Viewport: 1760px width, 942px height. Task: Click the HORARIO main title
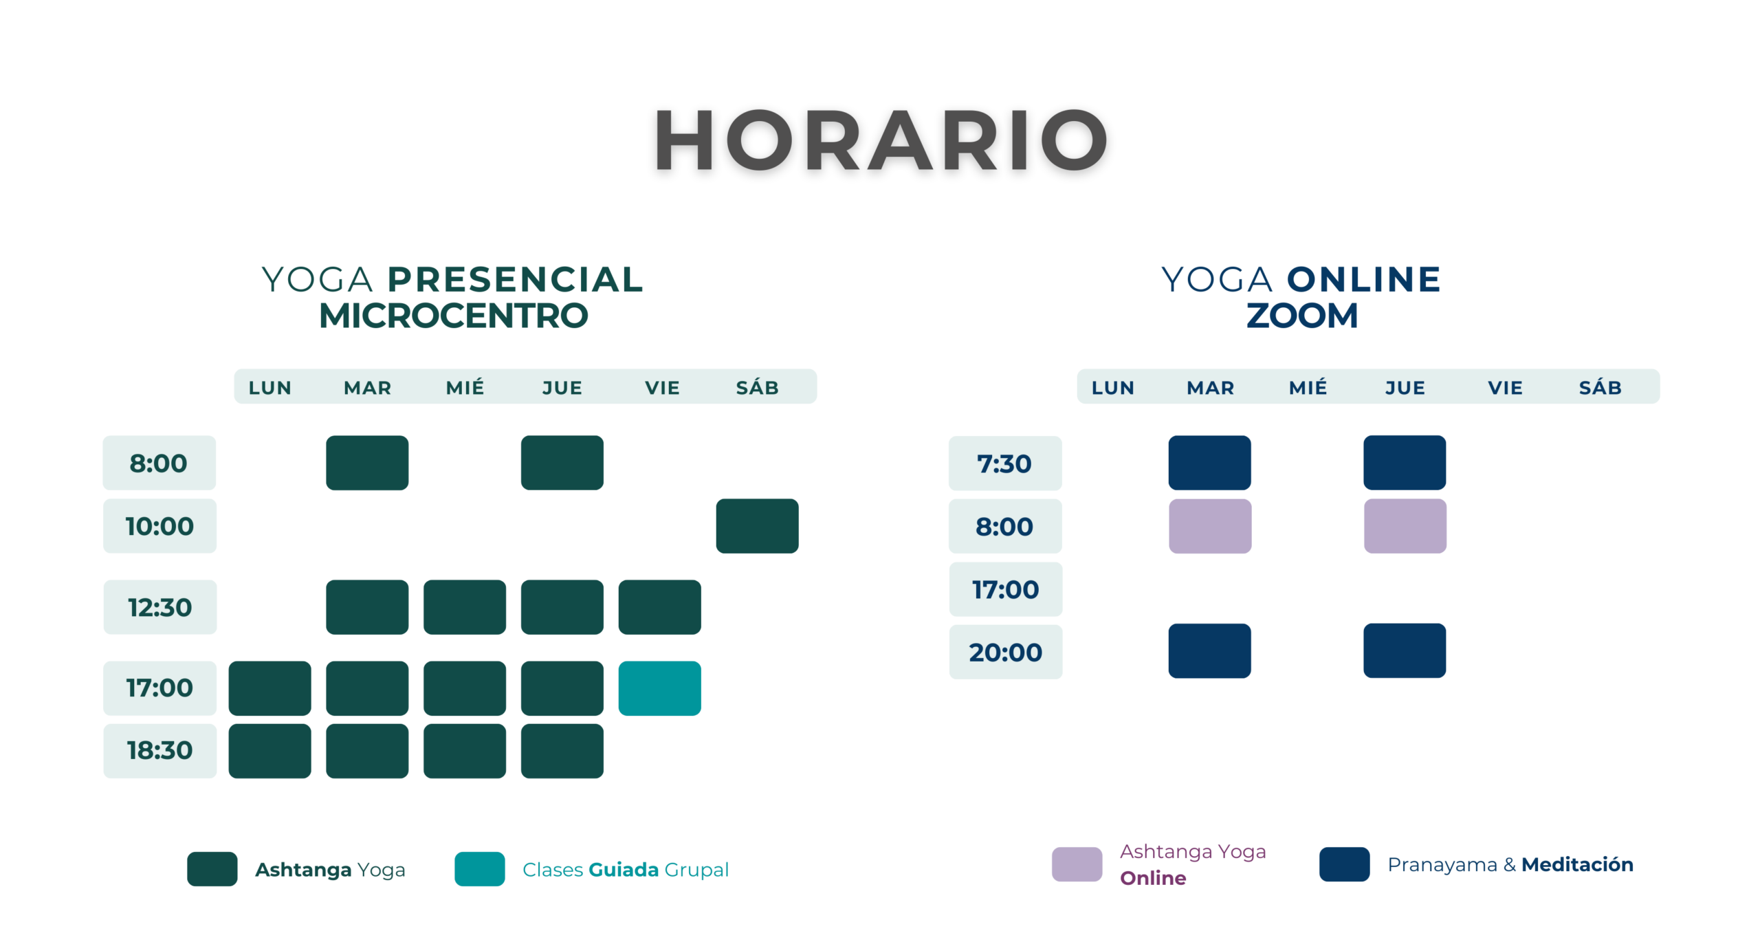pos(880,140)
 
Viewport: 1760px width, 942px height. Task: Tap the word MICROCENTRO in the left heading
pos(454,316)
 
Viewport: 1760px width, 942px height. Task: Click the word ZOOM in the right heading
pos(1302,316)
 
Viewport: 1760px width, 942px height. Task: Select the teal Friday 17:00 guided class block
pos(660,688)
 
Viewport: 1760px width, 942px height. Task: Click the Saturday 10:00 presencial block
pos(758,526)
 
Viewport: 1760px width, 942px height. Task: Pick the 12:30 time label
pos(160,607)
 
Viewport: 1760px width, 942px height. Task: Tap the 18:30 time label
pos(160,750)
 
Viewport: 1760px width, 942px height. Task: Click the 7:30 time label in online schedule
pos(1005,463)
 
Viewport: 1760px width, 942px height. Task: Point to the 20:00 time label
pos(1006,652)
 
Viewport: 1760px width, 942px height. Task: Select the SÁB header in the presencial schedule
pos(758,387)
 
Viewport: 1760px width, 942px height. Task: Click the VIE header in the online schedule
pos(1506,388)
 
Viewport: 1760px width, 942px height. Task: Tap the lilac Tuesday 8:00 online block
pos(1210,526)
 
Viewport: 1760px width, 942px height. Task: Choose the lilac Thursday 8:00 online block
pos(1405,526)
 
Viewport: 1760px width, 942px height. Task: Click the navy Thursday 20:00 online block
pos(1405,650)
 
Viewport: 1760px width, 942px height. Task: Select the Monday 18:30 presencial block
pos(270,751)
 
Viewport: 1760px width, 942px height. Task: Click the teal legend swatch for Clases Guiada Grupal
pos(480,869)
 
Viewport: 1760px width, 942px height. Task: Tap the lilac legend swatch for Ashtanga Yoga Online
pos(1077,864)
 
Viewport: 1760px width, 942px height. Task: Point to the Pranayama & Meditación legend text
pos(1510,864)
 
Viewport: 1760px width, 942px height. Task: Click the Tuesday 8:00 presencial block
pos(367,463)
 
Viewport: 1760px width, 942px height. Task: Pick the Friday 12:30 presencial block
pos(660,607)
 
